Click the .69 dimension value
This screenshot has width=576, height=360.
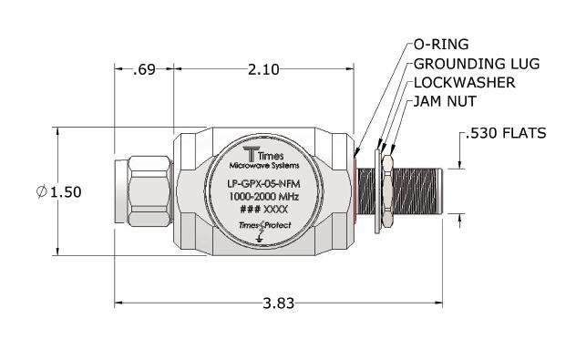(144, 69)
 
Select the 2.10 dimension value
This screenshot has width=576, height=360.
(263, 69)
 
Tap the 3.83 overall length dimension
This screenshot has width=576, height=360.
(279, 303)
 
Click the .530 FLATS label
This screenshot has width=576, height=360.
(506, 133)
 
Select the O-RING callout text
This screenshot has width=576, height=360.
(441, 45)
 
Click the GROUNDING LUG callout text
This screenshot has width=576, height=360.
(477, 64)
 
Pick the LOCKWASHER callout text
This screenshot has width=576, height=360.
(464, 83)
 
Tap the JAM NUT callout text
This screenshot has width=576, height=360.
(445, 101)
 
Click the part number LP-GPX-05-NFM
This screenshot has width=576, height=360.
(263, 183)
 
